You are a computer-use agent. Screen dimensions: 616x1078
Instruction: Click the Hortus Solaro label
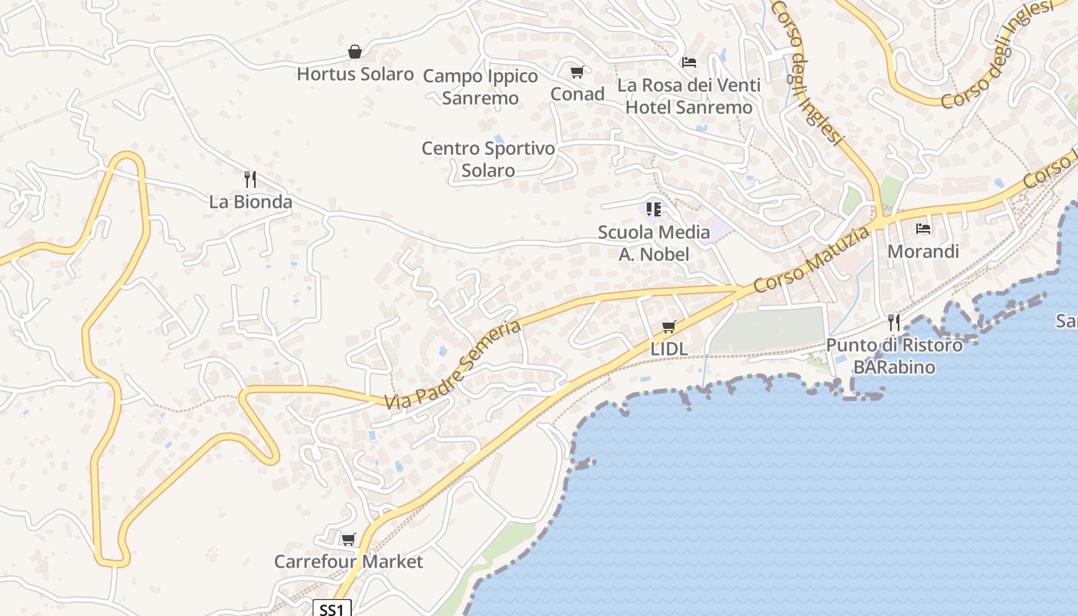click(x=355, y=75)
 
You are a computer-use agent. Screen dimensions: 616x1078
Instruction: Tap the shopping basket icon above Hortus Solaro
click(x=355, y=52)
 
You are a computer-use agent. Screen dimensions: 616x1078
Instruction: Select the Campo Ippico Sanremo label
click(x=480, y=87)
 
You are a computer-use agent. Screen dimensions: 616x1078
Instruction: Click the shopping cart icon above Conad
click(x=577, y=72)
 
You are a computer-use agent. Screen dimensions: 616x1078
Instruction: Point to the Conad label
click(x=577, y=94)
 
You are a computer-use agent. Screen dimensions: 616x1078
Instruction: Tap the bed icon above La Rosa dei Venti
click(x=689, y=62)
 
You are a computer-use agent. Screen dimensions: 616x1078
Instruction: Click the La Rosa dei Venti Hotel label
click(x=688, y=96)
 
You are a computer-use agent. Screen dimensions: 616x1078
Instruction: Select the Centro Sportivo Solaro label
click(x=488, y=159)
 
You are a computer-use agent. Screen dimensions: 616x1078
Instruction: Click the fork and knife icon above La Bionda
click(x=250, y=179)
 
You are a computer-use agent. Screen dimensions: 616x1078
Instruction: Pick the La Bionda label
click(x=251, y=203)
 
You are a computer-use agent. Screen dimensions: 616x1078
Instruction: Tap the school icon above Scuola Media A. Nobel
click(x=654, y=209)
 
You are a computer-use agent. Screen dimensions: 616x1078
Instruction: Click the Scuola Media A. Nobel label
click(x=654, y=243)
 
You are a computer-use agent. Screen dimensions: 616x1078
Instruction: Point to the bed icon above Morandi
click(x=923, y=229)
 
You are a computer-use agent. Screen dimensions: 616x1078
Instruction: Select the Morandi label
click(x=923, y=252)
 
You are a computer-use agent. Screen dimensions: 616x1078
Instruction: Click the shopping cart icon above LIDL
click(x=668, y=327)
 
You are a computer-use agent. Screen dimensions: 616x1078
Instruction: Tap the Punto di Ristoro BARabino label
click(x=894, y=356)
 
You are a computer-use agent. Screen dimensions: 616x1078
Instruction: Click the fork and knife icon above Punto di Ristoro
click(x=894, y=321)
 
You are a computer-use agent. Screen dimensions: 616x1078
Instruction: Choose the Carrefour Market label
click(x=348, y=562)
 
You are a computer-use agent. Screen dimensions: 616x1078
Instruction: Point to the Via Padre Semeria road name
click(x=453, y=365)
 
